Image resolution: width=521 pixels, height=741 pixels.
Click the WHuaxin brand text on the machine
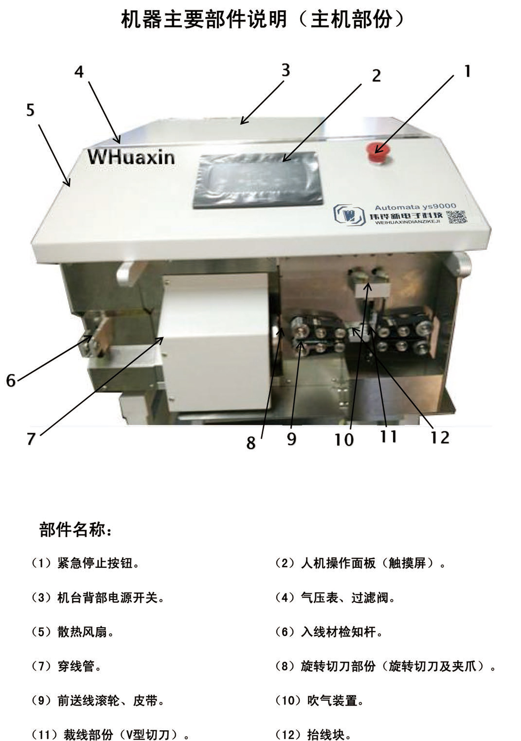tap(131, 157)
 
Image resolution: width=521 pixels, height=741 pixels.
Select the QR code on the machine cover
tap(456, 217)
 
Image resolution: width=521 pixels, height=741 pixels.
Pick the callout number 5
tap(31, 110)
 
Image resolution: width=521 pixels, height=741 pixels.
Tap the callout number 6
tap(11, 381)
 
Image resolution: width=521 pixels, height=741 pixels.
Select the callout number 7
tap(31, 438)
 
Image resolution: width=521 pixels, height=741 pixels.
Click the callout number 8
tap(251, 443)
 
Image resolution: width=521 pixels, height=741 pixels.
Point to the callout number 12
tap(440, 437)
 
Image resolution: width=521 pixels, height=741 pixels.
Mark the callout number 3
tap(286, 70)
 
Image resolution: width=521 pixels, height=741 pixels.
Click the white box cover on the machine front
tap(216, 342)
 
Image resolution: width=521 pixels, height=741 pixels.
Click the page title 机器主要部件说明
tap(204, 19)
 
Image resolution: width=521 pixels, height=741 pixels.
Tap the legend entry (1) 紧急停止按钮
tap(85, 563)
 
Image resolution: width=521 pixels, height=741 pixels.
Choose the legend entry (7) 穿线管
tap(66, 666)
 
